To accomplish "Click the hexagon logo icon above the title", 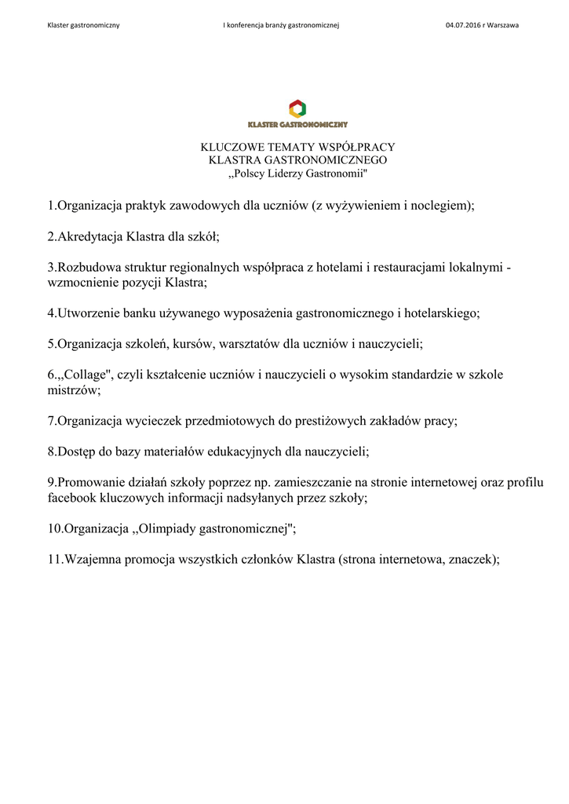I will click(x=297, y=108).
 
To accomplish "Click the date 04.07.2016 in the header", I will click(x=462, y=25).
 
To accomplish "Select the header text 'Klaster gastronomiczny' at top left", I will click(x=84, y=25).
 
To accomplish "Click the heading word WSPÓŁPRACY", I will click(x=357, y=147).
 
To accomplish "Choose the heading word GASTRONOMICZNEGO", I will click(x=327, y=159).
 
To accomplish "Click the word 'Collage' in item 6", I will click(x=82, y=375).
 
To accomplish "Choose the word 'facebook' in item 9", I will click(x=71, y=497).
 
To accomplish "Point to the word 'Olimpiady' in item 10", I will click(x=170, y=528).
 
